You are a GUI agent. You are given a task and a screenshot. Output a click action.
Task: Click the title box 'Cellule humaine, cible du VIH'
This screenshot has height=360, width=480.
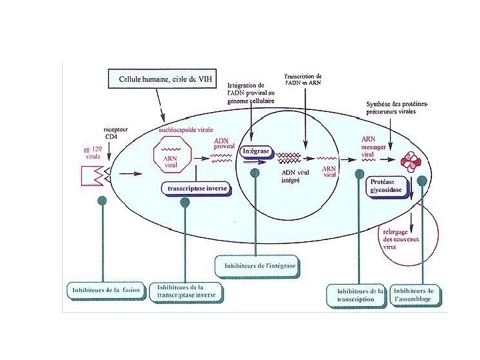tap(161, 79)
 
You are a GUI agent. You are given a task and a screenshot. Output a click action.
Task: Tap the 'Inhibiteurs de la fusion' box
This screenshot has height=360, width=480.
tap(103, 290)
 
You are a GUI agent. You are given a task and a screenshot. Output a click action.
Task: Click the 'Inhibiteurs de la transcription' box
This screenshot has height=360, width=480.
tap(357, 295)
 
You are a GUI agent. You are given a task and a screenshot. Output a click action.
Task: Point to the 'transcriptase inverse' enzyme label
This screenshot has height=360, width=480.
tap(197, 189)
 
